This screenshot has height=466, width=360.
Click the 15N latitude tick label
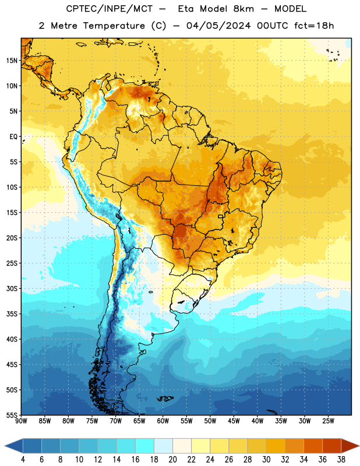coord(12,61)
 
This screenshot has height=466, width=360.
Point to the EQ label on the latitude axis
coord(13,137)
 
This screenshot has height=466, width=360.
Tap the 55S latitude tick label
coord(12,415)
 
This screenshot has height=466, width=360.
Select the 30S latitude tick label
coord(12,288)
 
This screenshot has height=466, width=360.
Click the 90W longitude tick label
coord(21,421)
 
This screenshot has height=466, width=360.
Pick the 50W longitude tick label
coord(210,421)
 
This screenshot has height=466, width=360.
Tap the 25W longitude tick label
coord(328,421)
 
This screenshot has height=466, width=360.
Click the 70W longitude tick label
coord(116,421)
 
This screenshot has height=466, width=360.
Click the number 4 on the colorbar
coord(23,460)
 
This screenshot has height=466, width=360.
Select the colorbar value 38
coord(341,460)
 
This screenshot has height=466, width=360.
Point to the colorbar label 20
coord(172,460)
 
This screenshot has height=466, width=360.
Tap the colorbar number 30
coord(266,460)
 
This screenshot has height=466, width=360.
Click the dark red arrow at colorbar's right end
coord(350,446)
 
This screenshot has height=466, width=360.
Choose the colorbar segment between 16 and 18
coord(145,446)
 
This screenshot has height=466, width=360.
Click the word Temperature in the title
coord(114,26)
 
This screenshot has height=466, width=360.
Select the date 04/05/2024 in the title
coord(218,26)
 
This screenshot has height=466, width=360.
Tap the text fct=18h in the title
coord(314,26)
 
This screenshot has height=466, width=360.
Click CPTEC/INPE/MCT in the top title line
coord(110,9)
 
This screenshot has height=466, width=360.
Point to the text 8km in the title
coord(243,9)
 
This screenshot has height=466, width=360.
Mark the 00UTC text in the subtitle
coord(272,26)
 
